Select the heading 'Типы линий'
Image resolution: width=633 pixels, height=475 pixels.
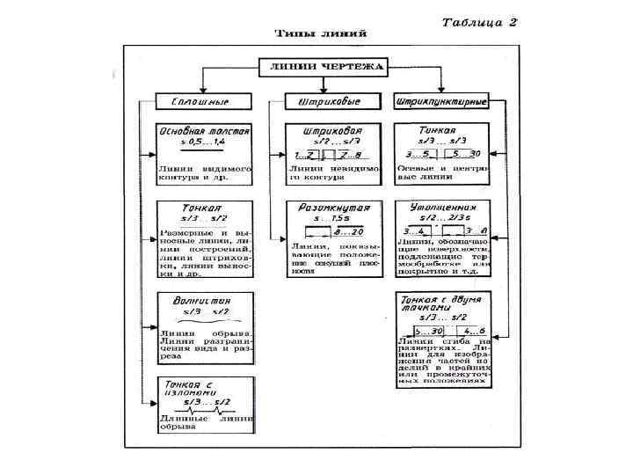[x=321, y=33]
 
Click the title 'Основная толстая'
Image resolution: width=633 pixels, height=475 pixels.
[x=205, y=129]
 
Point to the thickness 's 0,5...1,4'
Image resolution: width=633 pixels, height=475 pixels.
[x=203, y=140]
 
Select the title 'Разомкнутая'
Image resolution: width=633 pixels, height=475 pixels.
[x=331, y=208]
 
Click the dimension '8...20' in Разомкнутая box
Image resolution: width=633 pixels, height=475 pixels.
[x=349, y=231]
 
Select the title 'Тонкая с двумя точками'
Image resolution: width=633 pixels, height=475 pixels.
[x=440, y=306]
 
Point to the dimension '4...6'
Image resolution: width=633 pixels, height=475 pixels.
[x=462, y=331]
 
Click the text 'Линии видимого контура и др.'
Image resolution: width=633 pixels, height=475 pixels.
[x=204, y=172]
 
